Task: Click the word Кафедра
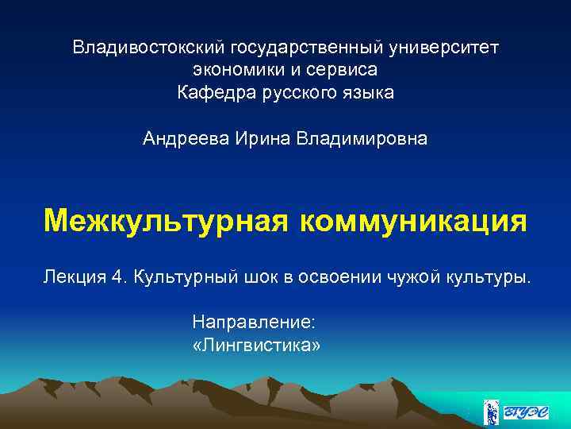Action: pyautogui.click(x=212, y=94)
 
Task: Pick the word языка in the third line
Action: pyautogui.click(x=366, y=94)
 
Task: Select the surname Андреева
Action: pyautogui.click(x=186, y=139)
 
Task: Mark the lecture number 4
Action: pyautogui.click(x=117, y=277)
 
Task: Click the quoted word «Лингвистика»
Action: pyautogui.click(x=256, y=346)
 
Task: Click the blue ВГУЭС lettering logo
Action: pyautogui.click(x=528, y=412)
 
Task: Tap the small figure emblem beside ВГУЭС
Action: pyautogui.click(x=491, y=411)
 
